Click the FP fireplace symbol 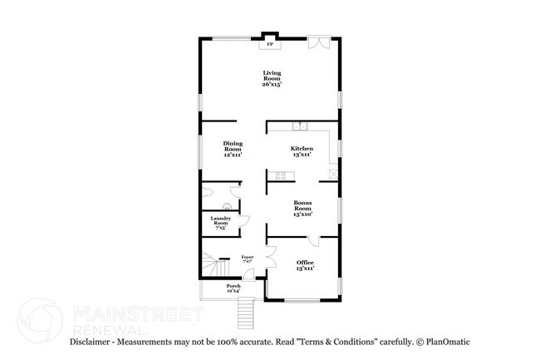tap(268, 45)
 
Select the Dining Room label tap(232, 148)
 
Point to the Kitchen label tap(301, 151)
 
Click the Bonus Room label tap(302, 208)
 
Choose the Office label tap(305, 265)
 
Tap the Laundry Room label tap(219, 222)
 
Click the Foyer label tap(247, 259)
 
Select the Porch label tap(233, 288)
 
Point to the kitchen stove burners tap(281, 175)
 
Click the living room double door tap(318, 43)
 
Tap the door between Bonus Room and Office tap(314, 241)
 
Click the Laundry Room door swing tap(243, 221)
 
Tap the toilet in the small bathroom tap(228, 207)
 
